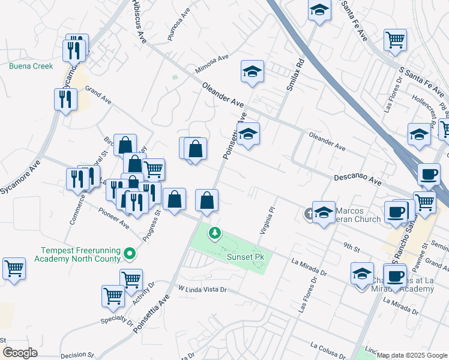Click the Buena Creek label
click(31, 66)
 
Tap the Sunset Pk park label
click(245, 256)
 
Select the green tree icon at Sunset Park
click(214, 232)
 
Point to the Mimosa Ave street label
click(212, 65)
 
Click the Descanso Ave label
click(357, 179)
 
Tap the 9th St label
click(351, 245)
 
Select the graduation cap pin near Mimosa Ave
click(253, 72)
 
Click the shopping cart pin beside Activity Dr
click(131, 279)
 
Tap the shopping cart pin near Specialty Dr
click(113, 295)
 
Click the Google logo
click(20, 353)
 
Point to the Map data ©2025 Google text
click(412, 355)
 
